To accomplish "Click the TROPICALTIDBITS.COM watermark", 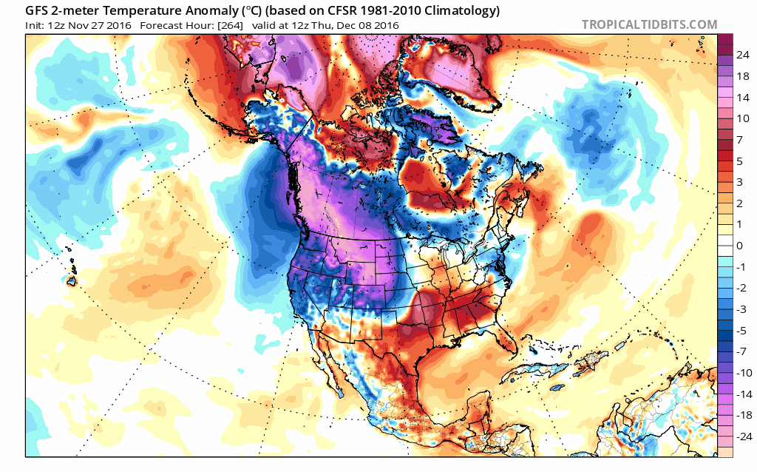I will coord(649,24).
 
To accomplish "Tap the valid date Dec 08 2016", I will coord(370,25).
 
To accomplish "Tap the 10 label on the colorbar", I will coord(740,118).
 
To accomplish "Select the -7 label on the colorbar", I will coord(739,351).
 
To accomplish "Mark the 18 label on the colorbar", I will coord(740,75).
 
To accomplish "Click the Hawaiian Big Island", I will coord(72,281).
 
